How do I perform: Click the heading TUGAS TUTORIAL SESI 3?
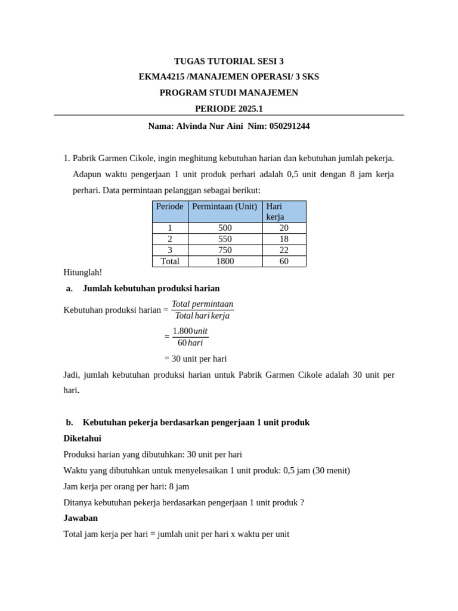(228, 61)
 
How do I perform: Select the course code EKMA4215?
(157, 77)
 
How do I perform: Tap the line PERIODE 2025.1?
(228, 109)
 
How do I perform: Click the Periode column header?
(170, 206)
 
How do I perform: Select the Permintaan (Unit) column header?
(225, 206)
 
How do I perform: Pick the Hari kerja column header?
(276, 211)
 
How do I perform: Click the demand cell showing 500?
(225, 228)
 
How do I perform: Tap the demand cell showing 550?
(225, 239)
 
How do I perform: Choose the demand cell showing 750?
(225, 250)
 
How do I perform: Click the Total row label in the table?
(170, 261)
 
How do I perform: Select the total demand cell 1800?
(225, 261)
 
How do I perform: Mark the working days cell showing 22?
(284, 250)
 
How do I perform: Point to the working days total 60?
(284, 261)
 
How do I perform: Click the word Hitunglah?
(83, 272)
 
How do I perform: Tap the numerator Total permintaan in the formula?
(202, 304)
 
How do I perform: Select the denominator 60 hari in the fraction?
(190, 342)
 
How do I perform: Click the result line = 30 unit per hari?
(195, 359)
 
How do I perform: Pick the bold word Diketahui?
(83, 438)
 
